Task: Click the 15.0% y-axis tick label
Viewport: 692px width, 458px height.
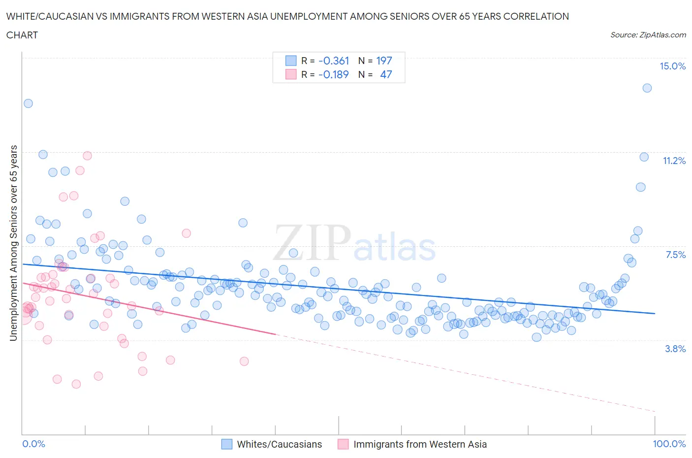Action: click(x=672, y=66)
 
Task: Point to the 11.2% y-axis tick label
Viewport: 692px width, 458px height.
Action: click(x=674, y=161)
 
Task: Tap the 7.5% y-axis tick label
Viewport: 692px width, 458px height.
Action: click(x=675, y=255)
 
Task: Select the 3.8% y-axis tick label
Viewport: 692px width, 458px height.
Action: click(x=675, y=349)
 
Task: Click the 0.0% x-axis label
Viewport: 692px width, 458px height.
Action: click(x=33, y=444)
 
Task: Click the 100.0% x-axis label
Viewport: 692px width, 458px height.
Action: click(x=669, y=444)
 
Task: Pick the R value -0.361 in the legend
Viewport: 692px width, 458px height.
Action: click(x=334, y=61)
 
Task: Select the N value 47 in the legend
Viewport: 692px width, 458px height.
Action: click(x=386, y=74)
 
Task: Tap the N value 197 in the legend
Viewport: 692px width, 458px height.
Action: click(x=384, y=61)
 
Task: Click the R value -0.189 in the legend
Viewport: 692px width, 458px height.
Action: click(x=334, y=74)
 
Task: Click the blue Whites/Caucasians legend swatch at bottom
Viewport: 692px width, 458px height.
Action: click(x=227, y=444)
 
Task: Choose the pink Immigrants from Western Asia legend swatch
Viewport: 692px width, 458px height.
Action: click(x=343, y=444)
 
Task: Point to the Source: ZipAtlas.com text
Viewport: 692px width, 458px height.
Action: click(x=648, y=35)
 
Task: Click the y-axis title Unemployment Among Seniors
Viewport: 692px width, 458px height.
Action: click(x=14, y=243)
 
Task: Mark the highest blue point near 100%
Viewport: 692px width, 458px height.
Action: click(x=647, y=88)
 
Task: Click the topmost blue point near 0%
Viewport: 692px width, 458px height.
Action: click(x=28, y=103)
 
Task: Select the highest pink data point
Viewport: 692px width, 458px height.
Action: click(x=87, y=156)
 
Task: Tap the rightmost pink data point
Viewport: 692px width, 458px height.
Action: click(x=244, y=361)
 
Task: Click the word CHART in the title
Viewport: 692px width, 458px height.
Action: click(x=22, y=35)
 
